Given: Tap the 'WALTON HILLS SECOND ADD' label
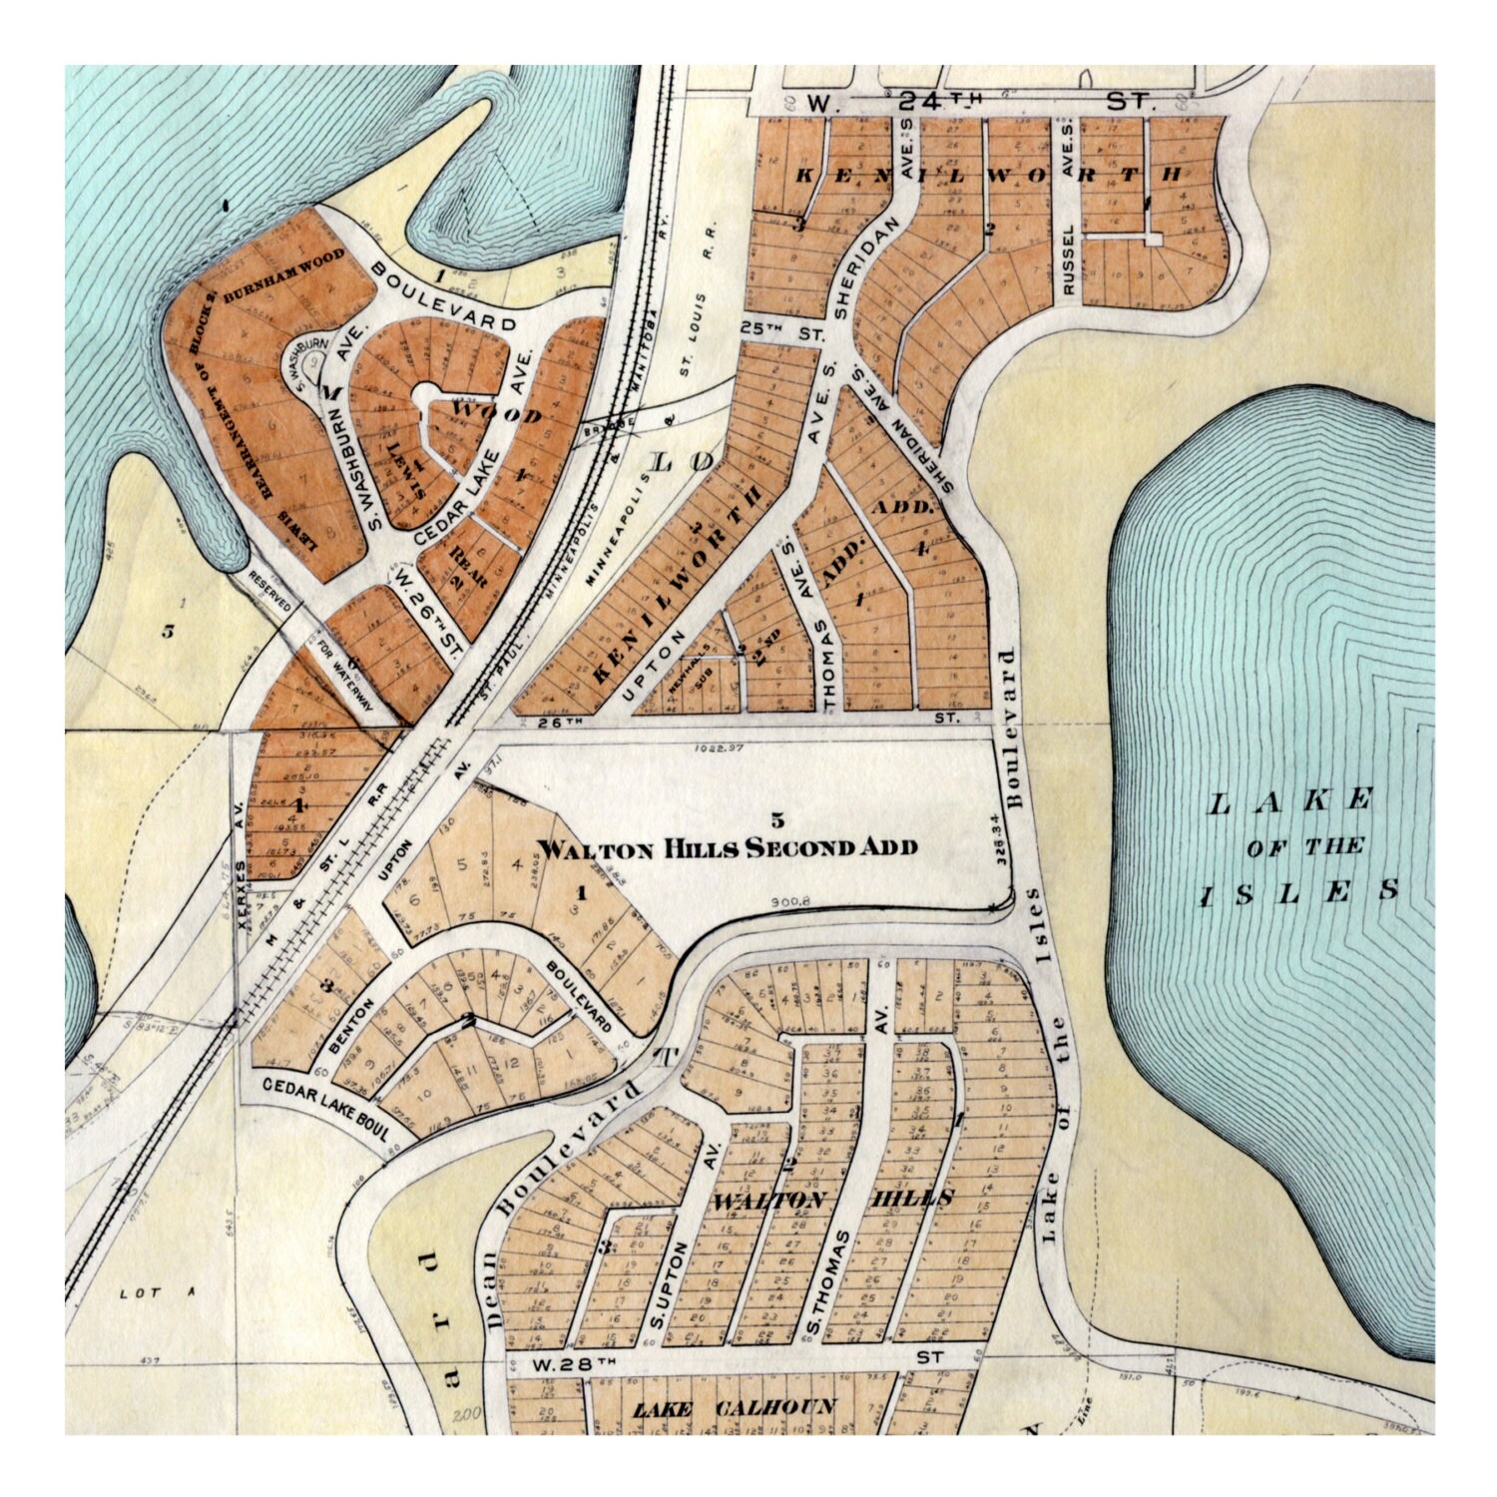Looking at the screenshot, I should click(727, 848).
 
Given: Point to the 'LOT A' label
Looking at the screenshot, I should click(155, 1292).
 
